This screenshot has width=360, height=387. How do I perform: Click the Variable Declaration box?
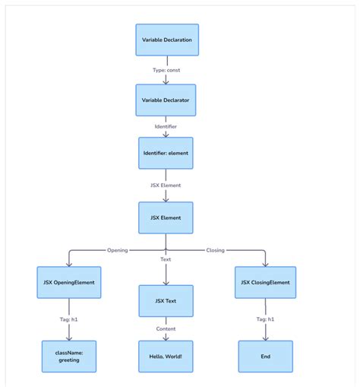point(166,39)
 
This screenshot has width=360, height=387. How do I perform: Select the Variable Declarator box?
point(166,100)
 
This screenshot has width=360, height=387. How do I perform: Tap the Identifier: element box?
point(166,153)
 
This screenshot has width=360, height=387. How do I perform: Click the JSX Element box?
point(166,217)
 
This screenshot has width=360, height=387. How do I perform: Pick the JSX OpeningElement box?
point(69,282)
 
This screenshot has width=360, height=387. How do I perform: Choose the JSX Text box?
point(166,300)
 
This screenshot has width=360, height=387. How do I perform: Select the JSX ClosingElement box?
point(265,282)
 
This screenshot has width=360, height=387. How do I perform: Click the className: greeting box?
point(69,356)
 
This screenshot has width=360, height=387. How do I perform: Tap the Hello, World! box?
point(166,356)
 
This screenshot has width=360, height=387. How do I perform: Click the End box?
point(265,356)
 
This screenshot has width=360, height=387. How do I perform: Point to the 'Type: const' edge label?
point(166,70)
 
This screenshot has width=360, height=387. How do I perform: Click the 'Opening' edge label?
point(117,249)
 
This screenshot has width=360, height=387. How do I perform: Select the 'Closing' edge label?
point(216,249)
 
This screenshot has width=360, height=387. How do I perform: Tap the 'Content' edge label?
point(166,328)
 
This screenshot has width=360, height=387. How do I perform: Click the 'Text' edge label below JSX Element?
point(166,259)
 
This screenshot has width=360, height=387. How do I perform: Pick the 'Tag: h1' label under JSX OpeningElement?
point(69,319)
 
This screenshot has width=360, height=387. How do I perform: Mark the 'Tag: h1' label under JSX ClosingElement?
point(265,319)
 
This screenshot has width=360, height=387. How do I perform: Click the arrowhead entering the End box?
point(265,337)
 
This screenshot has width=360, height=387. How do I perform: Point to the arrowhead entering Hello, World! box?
point(166,337)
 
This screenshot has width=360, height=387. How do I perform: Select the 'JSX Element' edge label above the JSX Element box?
point(166,185)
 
